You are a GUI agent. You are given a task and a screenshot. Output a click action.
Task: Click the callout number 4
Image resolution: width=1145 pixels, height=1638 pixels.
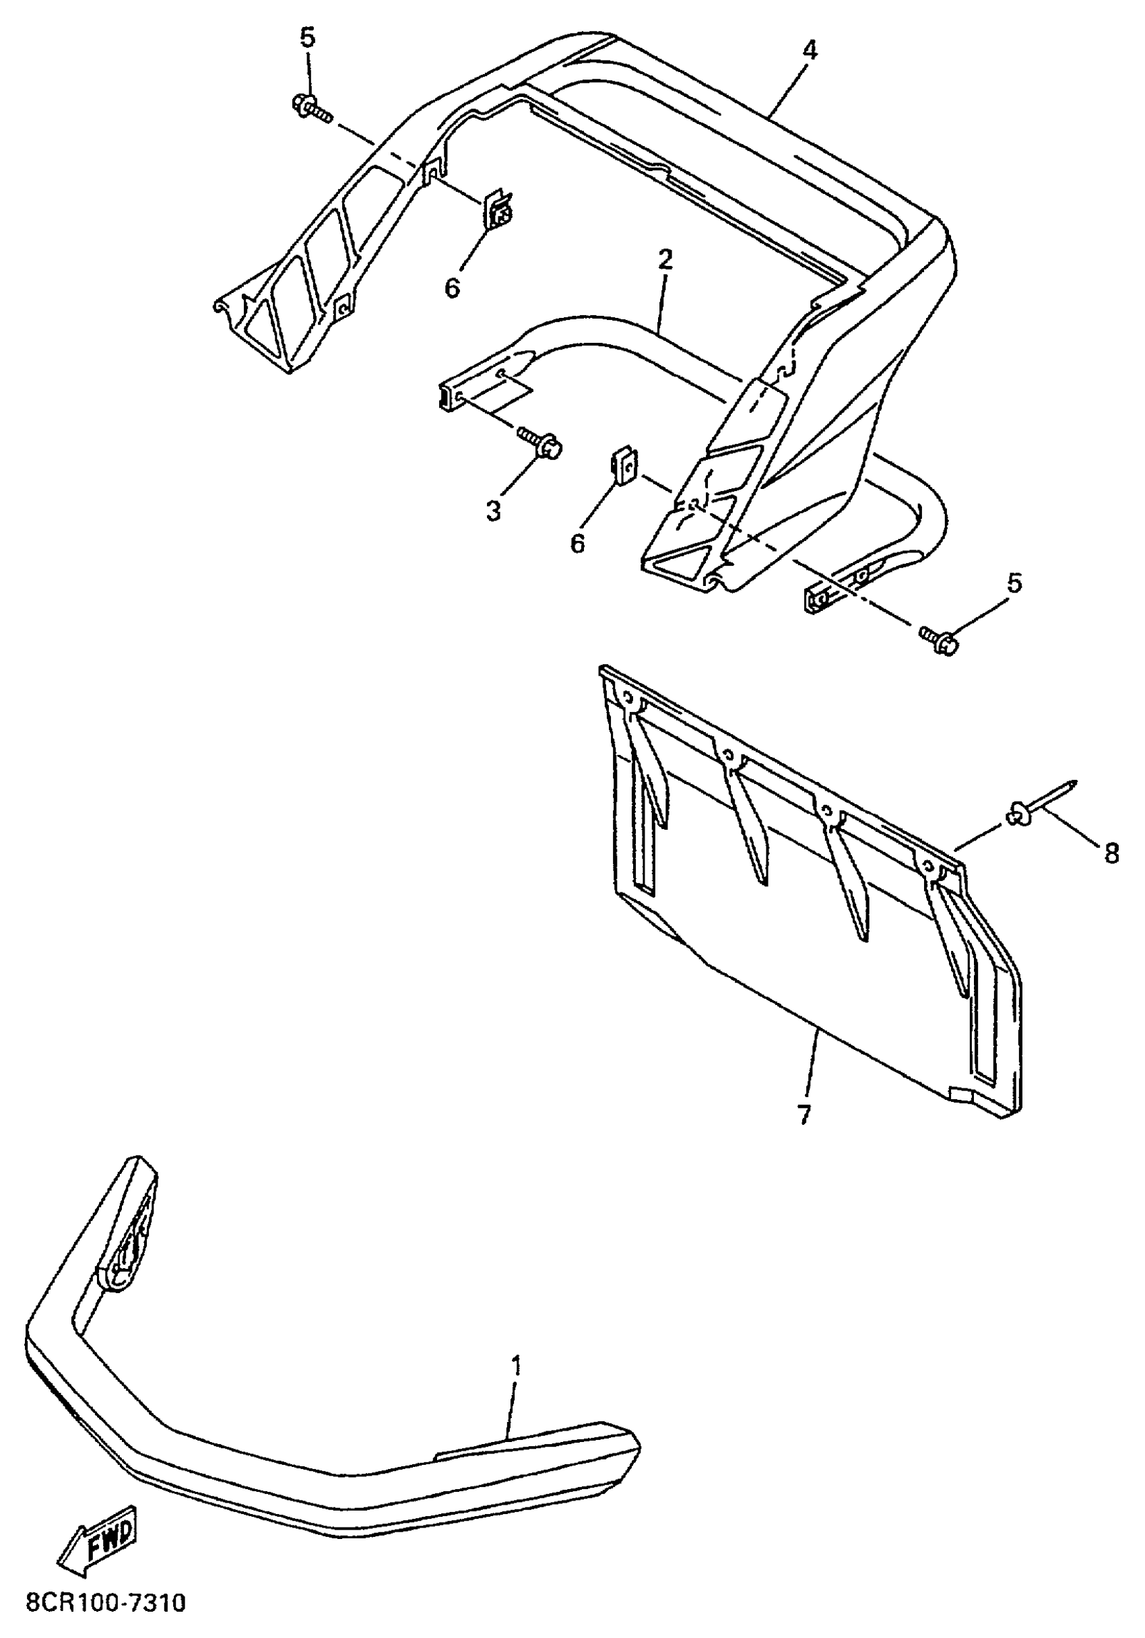[809, 51]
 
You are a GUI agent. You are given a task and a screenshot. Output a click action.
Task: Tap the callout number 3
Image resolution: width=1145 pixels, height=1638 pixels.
[494, 511]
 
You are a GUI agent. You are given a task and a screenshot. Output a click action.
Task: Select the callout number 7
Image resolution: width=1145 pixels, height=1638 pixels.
[804, 1113]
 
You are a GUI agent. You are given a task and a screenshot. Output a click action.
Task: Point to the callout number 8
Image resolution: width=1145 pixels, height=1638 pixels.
[1111, 853]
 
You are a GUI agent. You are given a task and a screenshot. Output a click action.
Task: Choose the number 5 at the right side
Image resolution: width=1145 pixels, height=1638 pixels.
[1014, 583]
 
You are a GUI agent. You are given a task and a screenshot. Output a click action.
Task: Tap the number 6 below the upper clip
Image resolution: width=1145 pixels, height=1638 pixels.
[453, 288]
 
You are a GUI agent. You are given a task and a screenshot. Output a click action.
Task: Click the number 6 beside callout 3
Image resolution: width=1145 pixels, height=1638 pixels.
[577, 543]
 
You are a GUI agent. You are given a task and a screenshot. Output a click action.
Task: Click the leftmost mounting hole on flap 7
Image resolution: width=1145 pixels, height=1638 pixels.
[628, 698]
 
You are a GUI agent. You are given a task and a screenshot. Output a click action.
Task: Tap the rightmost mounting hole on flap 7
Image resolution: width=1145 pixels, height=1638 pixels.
[927, 867]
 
